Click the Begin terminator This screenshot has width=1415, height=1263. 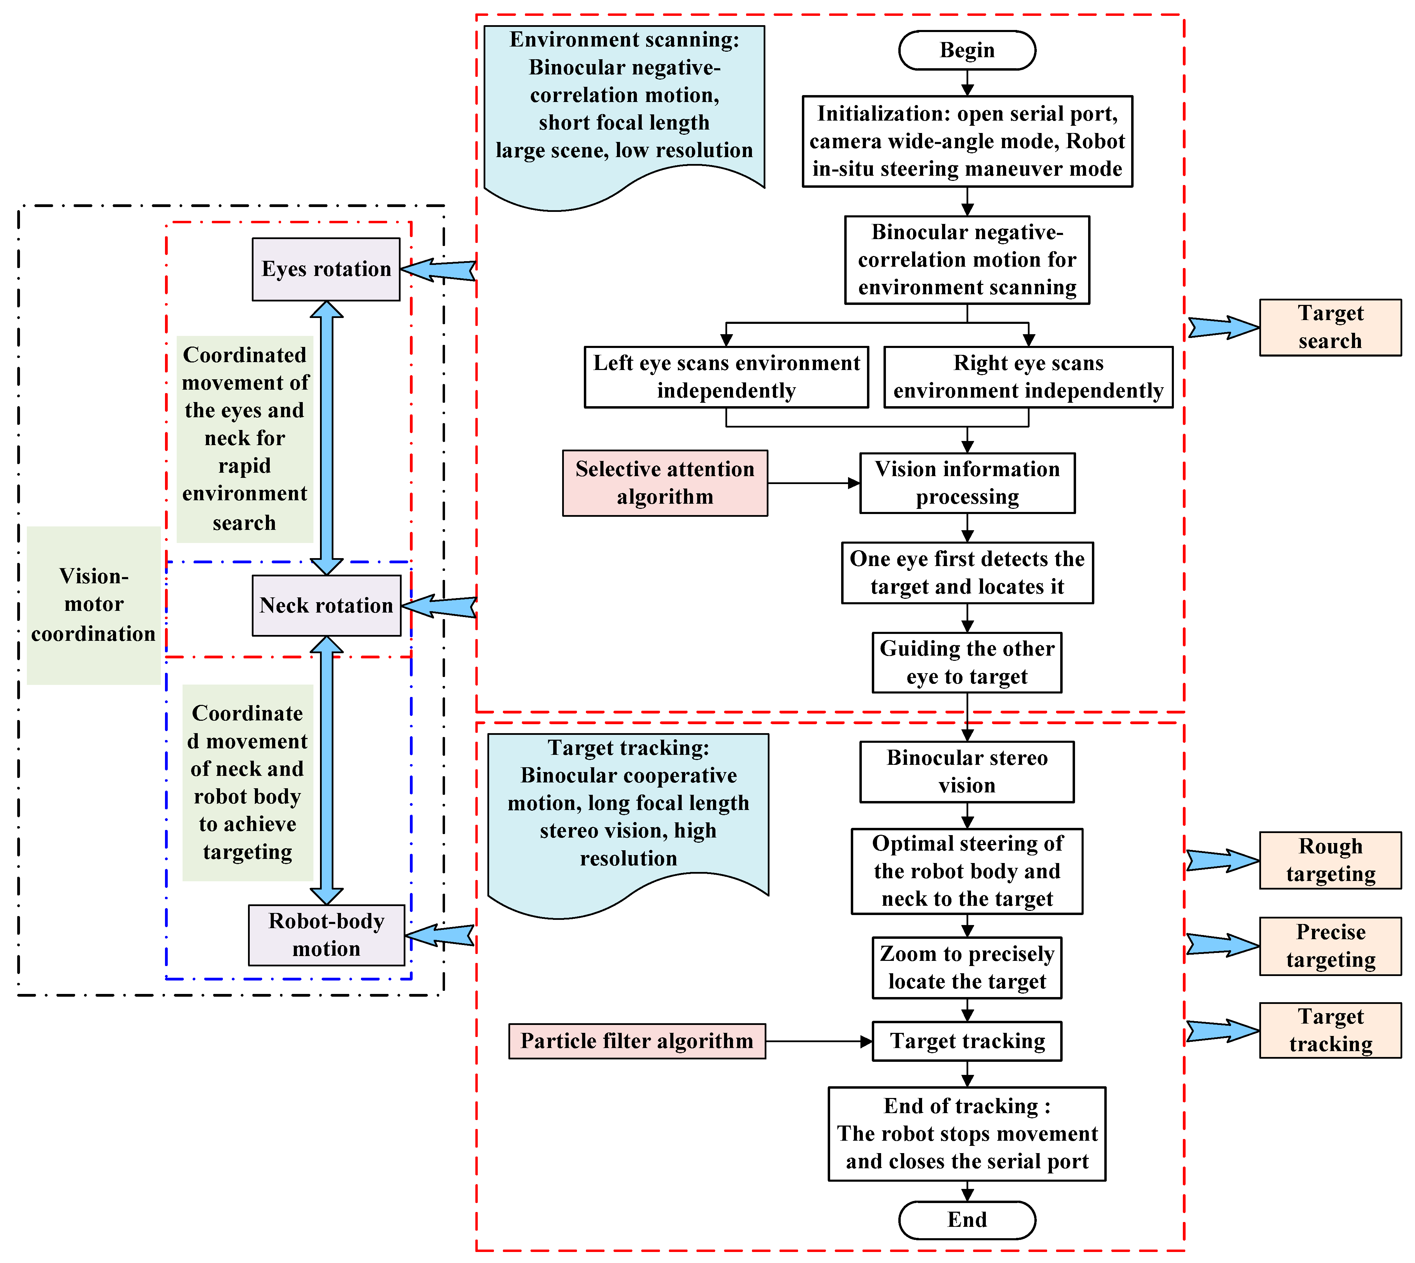pos(967,50)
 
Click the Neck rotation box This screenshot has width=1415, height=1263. pos(326,605)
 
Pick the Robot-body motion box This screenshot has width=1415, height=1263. pos(326,935)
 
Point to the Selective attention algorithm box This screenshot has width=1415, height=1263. pos(665,483)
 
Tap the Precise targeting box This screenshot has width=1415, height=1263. pos(1330,946)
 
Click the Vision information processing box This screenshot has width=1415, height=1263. pos(967,483)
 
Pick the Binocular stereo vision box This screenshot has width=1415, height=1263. pos(967,772)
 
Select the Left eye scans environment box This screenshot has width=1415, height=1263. pos(726,377)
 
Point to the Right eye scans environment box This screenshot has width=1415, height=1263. pos(1028,377)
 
